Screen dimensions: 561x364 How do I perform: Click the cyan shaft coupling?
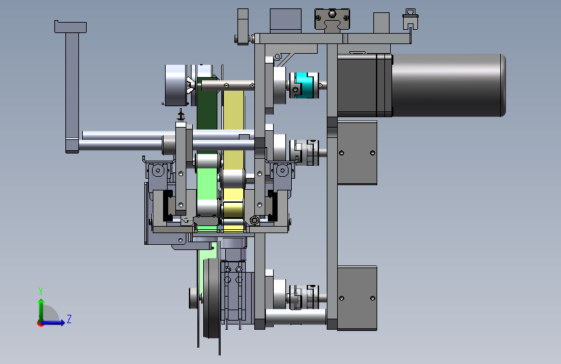[x=303, y=85]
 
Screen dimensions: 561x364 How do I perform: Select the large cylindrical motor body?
[x=448, y=85]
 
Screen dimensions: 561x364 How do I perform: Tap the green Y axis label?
[x=41, y=291]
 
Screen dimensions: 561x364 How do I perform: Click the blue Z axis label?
[x=69, y=319]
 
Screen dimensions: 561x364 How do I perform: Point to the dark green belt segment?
[x=207, y=104]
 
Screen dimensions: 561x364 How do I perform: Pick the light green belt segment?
[x=207, y=184]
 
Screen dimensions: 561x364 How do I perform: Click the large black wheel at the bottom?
[x=212, y=298]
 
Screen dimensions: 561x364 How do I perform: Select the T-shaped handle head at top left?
[x=71, y=27]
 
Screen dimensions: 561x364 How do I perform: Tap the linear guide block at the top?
[x=332, y=19]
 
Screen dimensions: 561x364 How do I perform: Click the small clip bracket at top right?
[x=410, y=19]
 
